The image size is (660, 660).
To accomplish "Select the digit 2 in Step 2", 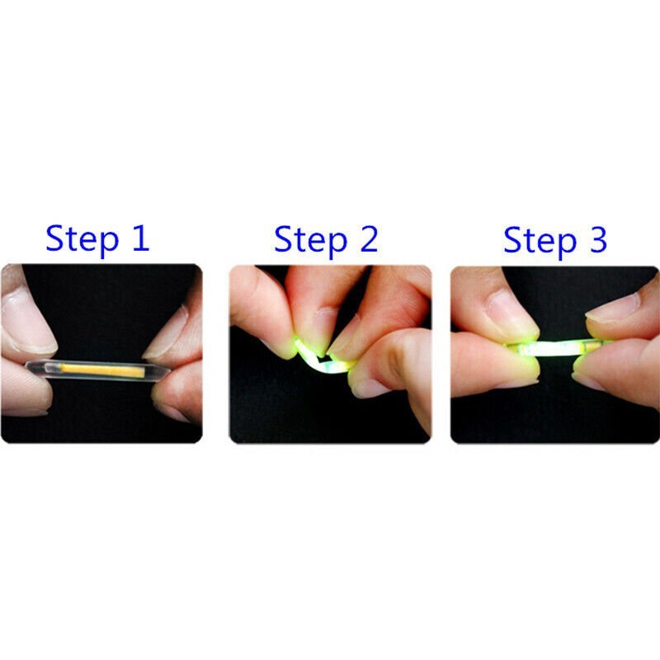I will click(x=365, y=238).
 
